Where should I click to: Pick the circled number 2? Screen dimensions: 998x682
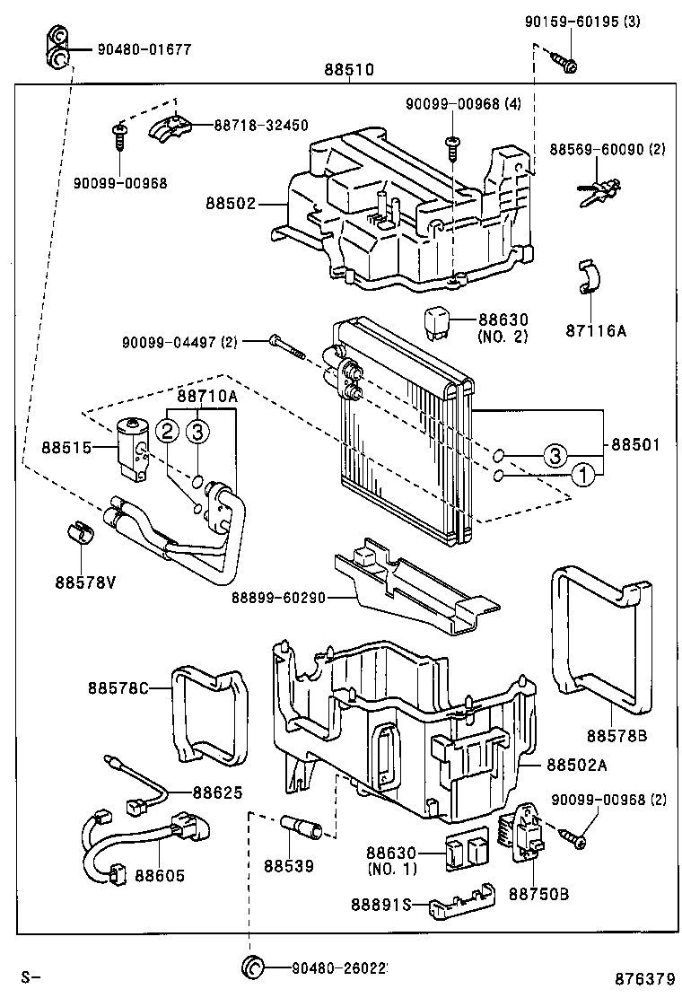click(x=168, y=432)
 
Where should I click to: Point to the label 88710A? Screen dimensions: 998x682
click(x=206, y=396)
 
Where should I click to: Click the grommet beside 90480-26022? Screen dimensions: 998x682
click(x=252, y=967)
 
